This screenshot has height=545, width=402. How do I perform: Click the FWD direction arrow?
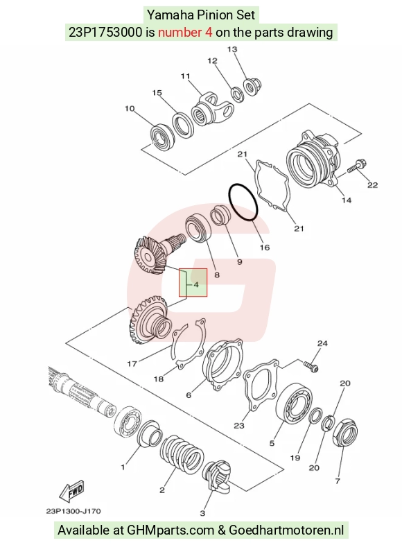(72, 491)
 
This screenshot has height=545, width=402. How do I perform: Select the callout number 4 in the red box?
(196, 285)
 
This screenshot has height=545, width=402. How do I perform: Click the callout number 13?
(232, 49)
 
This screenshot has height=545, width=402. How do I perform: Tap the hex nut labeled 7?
(345, 433)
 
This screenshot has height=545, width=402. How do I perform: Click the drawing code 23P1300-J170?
(73, 511)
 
